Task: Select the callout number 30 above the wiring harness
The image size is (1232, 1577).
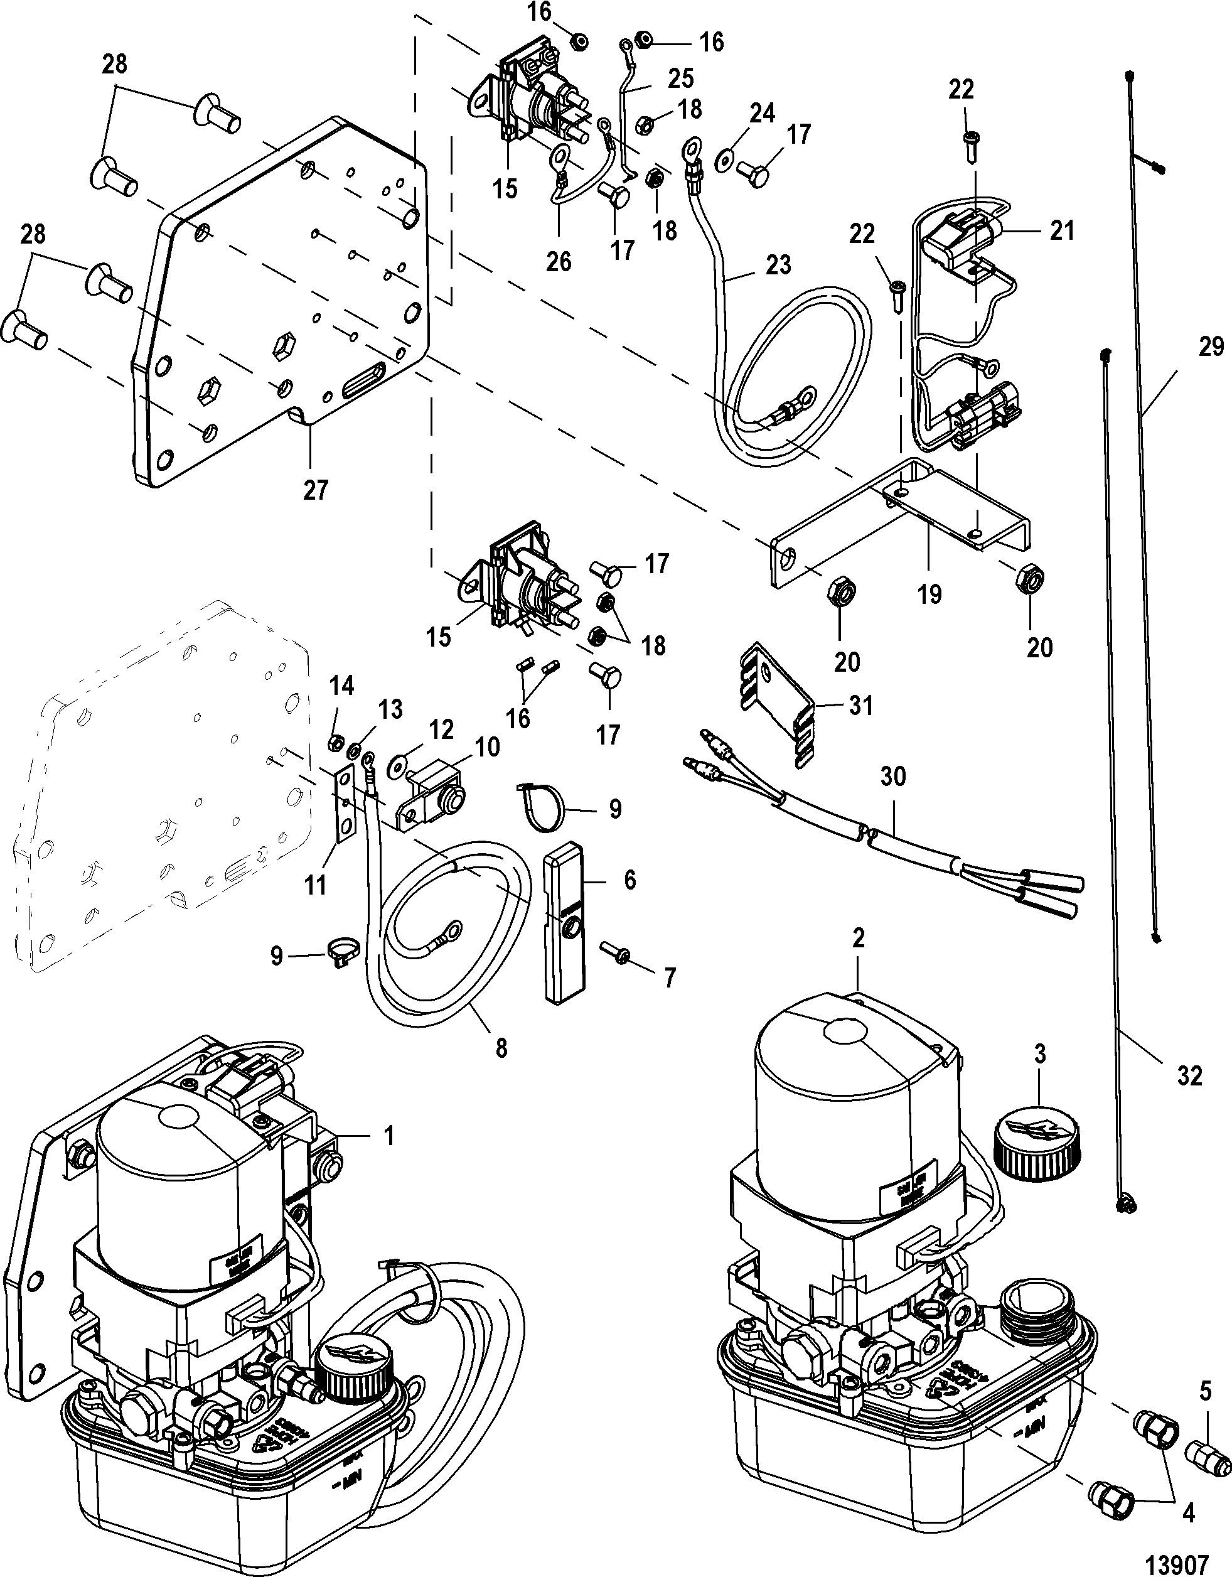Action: [x=893, y=777]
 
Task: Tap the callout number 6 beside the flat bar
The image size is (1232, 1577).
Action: [x=629, y=880]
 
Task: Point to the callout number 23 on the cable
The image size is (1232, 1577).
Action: [x=778, y=265]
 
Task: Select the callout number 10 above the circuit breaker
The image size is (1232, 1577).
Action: [x=487, y=746]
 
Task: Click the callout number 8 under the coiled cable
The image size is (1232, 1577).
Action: [x=500, y=1047]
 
